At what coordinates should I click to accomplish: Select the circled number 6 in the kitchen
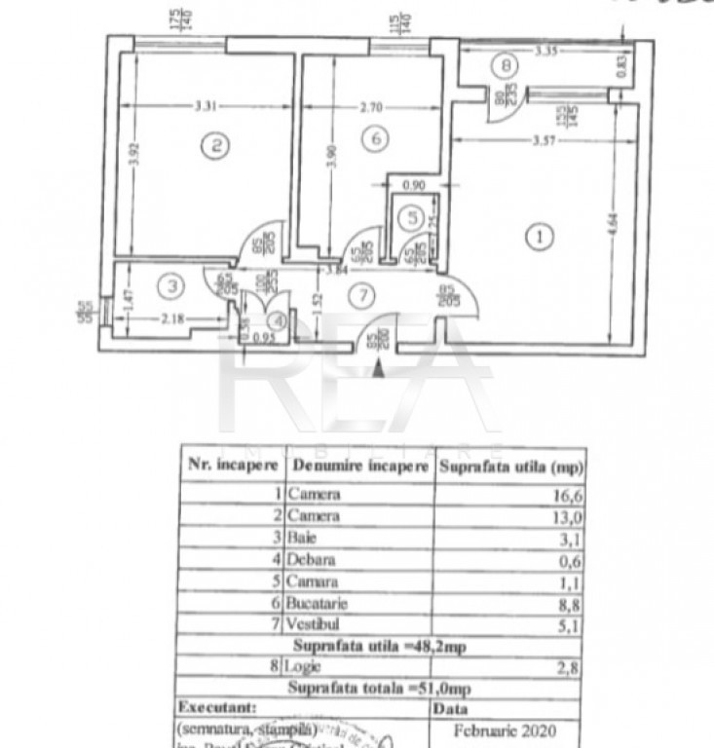coord(375,140)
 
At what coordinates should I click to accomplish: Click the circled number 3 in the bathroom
coord(171,286)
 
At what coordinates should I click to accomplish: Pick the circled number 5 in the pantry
coord(413,219)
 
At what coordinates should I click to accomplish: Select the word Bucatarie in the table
coord(319,604)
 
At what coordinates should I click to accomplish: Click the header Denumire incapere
coord(359,467)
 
